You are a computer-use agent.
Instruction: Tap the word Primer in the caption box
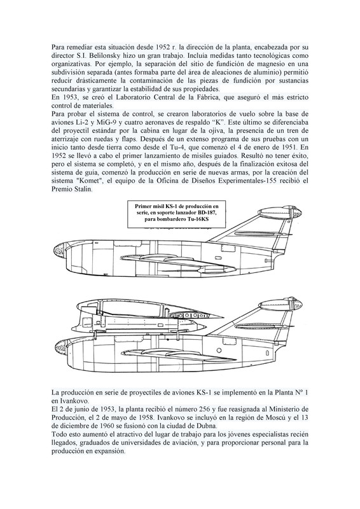click(x=144, y=206)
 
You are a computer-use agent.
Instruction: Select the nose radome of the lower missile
click(x=63, y=345)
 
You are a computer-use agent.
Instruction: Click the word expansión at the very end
click(x=111, y=451)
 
